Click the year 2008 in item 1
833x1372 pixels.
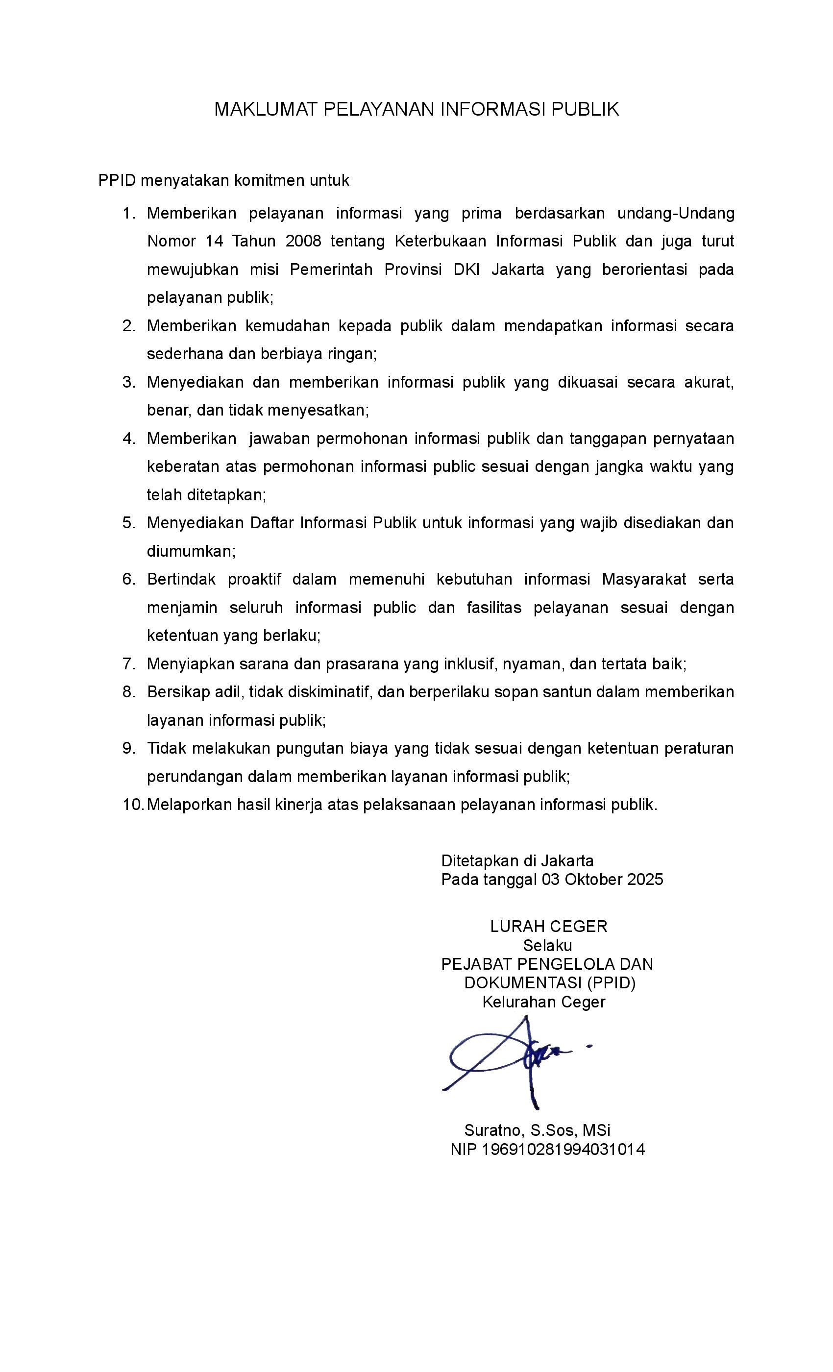[303, 241]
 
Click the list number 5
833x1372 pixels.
[128, 523]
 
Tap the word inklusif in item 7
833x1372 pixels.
[469, 664]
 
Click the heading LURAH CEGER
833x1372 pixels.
[548, 927]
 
